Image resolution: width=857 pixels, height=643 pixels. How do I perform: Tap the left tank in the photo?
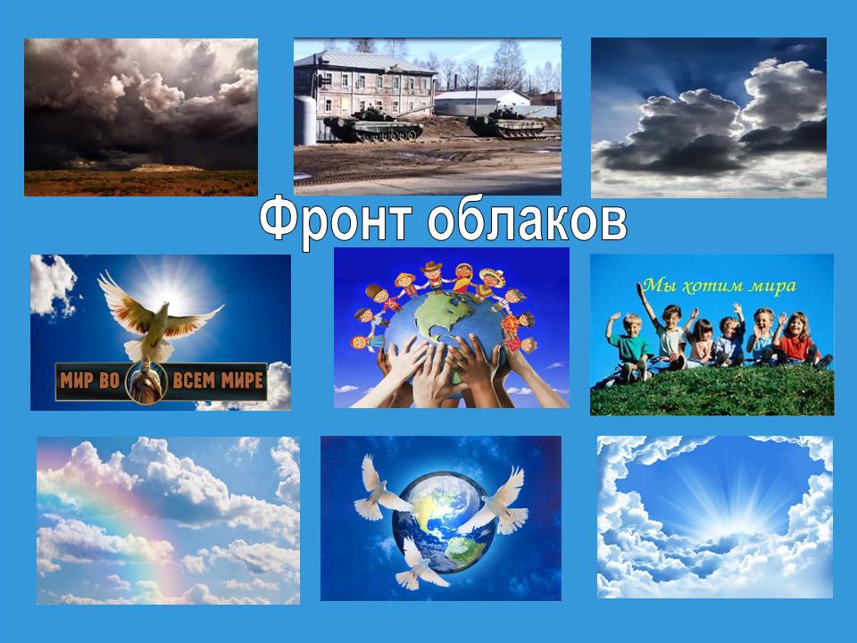(373, 125)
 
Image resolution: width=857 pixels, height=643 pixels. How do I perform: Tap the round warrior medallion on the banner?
(146, 381)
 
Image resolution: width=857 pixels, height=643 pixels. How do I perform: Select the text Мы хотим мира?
(720, 286)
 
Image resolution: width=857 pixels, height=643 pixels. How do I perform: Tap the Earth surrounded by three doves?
(444, 522)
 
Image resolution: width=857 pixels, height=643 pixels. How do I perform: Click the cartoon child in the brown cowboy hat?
(432, 276)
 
